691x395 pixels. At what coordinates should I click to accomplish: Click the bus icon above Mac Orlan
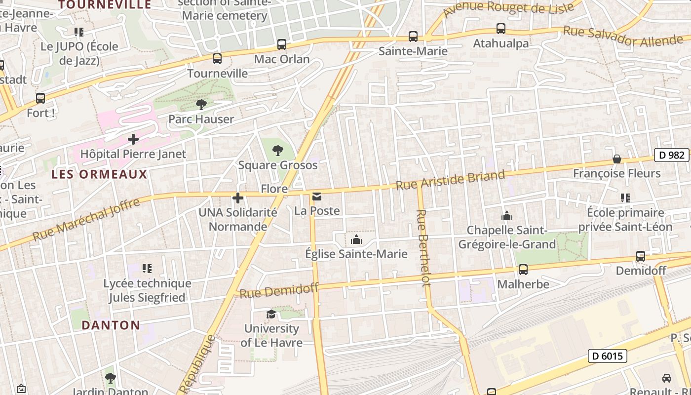(x=281, y=44)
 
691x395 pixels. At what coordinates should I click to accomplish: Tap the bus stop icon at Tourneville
(x=217, y=59)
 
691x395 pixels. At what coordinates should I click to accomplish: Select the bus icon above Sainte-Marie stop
(x=413, y=36)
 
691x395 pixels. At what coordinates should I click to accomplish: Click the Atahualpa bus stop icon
(x=500, y=29)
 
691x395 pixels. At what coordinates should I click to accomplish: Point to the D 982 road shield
(x=671, y=155)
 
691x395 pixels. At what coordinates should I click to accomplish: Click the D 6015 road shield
(x=607, y=355)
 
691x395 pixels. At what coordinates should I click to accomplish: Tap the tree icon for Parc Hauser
(x=201, y=104)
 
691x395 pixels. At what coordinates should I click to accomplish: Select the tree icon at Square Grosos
(x=278, y=150)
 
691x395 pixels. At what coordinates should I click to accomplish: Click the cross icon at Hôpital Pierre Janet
(x=133, y=139)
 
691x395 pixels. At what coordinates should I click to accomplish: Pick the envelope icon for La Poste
(x=316, y=197)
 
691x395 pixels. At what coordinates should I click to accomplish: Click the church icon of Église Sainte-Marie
(x=356, y=240)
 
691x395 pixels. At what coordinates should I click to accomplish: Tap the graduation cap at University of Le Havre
(x=271, y=315)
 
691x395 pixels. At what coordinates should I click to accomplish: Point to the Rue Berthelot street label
(x=422, y=248)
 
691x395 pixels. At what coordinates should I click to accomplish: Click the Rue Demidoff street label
(x=279, y=290)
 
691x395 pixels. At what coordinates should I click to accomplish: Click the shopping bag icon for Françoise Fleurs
(x=616, y=159)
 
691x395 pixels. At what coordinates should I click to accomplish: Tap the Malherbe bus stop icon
(x=523, y=270)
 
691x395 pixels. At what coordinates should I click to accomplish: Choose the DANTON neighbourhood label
(x=111, y=325)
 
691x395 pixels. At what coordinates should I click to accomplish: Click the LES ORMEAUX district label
(x=99, y=174)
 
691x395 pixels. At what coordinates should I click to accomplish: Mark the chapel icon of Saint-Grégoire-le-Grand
(x=506, y=216)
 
